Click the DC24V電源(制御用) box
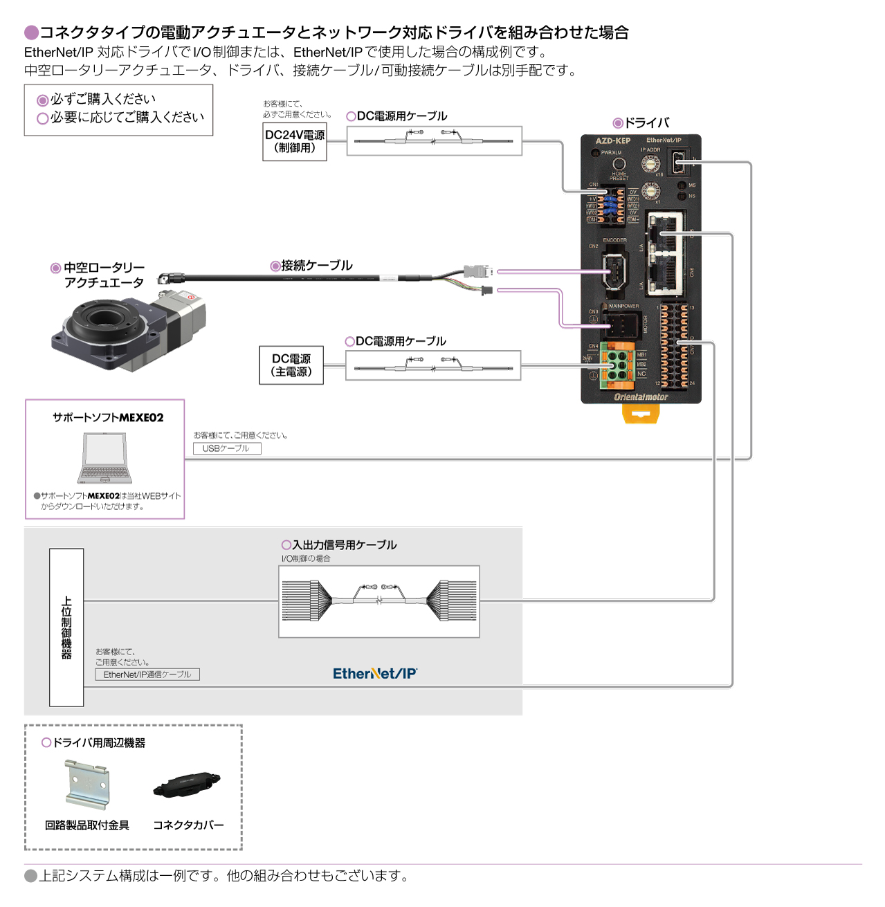(x=294, y=142)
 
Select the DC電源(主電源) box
(x=291, y=365)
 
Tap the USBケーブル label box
(x=226, y=448)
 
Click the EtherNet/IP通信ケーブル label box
(x=147, y=675)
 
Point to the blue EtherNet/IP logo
(x=375, y=674)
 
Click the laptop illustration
(x=104, y=458)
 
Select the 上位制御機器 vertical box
(x=66, y=627)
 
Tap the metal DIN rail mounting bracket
(x=87, y=785)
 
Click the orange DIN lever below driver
(x=641, y=414)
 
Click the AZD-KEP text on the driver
(x=612, y=140)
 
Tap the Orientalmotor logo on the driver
(x=641, y=397)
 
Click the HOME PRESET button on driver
(x=619, y=165)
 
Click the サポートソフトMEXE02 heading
(x=108, y=418)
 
